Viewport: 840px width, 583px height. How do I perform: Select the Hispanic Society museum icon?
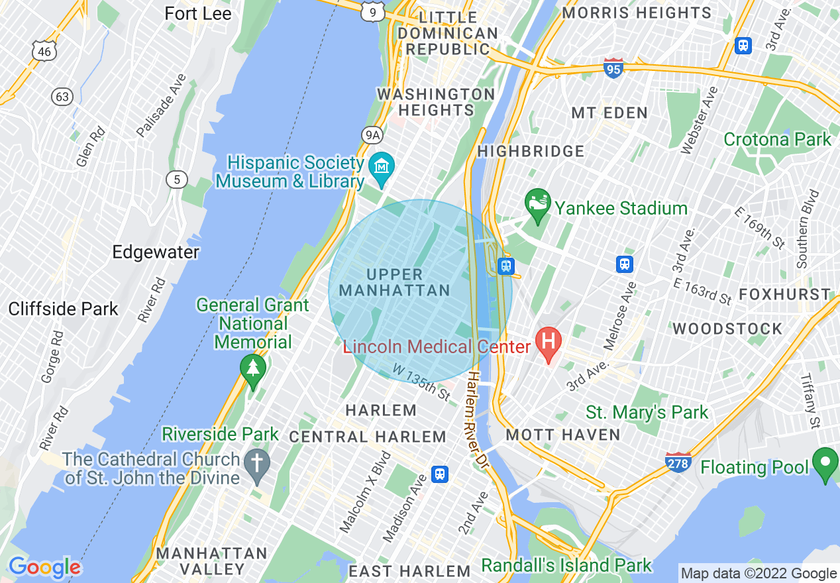click(382, 166)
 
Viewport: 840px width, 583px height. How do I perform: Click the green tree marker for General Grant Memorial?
click(252, 368)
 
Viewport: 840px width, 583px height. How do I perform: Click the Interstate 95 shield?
click(613, 68)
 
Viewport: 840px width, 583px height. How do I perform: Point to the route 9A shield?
click(372, 135)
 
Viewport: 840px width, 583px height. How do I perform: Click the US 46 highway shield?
click(44, 50)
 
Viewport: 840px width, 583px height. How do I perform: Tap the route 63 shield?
click(62, 97)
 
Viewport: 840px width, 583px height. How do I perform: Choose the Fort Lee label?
click(198, 13)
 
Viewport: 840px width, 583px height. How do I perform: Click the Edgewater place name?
click(156, 252)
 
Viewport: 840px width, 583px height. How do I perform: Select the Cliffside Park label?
click(64, 309)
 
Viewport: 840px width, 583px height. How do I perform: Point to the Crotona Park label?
click(777, 140)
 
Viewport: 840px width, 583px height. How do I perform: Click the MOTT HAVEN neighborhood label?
click(563, 435)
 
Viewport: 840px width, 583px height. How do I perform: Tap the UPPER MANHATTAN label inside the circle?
click(394, 282)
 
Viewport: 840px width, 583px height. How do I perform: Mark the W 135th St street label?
click(421, 381)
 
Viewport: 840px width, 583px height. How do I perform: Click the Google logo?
click(44, 567)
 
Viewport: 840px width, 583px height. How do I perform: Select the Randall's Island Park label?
click(566, 565)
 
